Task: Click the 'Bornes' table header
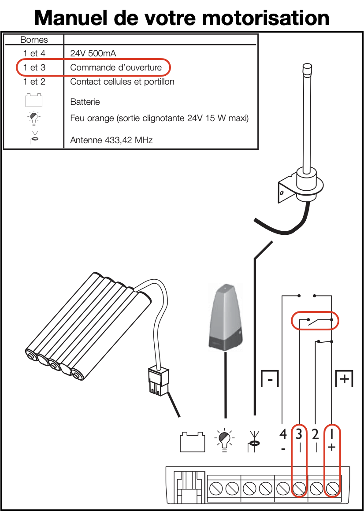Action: [34, 40]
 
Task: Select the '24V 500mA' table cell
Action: [93, 54]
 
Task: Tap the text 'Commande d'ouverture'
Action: [116, 68]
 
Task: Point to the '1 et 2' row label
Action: [34, 81]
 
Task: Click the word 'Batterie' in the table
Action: [85, 102]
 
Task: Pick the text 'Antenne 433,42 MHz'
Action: [111, 141]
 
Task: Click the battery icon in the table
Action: [34, 100]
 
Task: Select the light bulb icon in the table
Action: [34, 118]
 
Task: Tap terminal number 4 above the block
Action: [283, 434]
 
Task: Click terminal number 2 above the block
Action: [315, 434]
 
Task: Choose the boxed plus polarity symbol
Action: [344, 378]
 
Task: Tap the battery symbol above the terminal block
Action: [193, 441]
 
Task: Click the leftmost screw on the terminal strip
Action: [216, 488]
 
